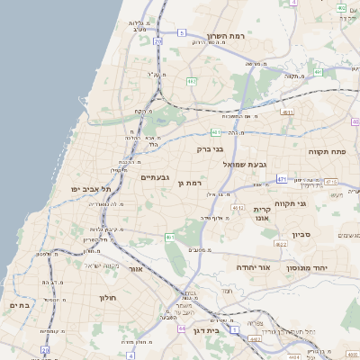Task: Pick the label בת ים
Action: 20,305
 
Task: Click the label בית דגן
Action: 206,330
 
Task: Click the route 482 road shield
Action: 192,81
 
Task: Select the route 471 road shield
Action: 282,179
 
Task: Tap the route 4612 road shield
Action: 238,208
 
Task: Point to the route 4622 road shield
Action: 280,244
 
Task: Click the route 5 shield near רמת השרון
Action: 181,32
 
